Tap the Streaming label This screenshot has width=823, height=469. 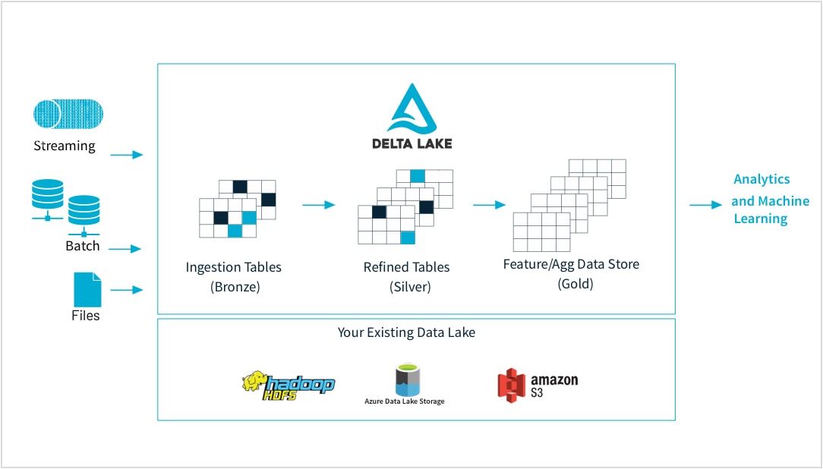(65, 146)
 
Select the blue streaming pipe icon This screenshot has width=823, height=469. (68, 114)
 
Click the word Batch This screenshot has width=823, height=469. (82, 246)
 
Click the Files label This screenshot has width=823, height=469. (86, 315)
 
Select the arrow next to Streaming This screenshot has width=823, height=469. (126, 155)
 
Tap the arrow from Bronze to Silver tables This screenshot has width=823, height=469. (319, 204)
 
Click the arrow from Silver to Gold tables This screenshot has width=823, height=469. (489, 204)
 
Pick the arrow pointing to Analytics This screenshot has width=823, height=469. (706, 205)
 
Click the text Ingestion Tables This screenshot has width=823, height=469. (233, 267)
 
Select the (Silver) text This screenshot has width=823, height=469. (406, 287)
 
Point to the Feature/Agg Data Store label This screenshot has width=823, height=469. (571, 265)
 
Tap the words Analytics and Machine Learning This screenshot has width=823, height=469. (761, 199)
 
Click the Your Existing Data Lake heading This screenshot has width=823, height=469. (406, 332)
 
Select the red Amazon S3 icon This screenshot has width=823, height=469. (512, 384)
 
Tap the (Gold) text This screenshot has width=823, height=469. (575, 284)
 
